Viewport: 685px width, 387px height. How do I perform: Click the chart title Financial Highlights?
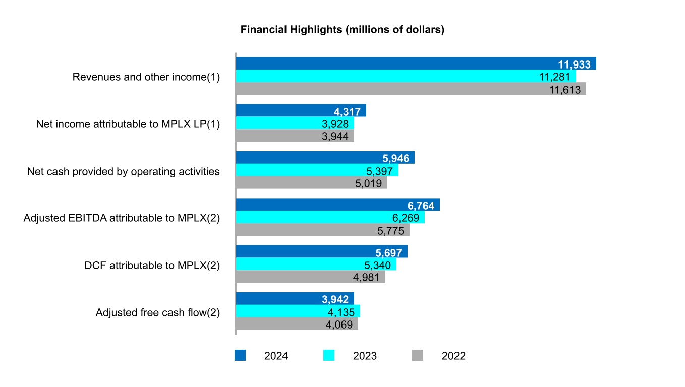(342, 30)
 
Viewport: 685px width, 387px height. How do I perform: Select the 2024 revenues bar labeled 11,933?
(416, 63)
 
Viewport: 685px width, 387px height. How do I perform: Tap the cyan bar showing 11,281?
(406, 76)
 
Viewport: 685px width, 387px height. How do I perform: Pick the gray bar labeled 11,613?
(411, 89)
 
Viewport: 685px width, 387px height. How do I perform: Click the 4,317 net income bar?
(301, 111)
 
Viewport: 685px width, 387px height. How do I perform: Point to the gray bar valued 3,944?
(295, 136)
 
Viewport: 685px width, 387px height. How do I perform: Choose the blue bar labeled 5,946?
(325, 158)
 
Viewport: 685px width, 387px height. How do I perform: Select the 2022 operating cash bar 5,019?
(311, 182)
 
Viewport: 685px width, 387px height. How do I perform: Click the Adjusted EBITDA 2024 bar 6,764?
(337, 205)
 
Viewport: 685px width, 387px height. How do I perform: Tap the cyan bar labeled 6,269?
(330, 217)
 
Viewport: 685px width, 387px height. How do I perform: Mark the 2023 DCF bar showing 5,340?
(316, 264)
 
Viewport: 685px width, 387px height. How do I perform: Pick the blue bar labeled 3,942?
(295, 299)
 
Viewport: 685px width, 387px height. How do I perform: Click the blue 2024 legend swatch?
(240, 356)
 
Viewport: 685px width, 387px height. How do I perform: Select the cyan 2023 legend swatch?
(328, 356)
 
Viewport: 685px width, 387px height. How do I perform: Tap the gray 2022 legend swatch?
(417, 356)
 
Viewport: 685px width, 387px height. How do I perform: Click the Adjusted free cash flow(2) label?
(158, 312)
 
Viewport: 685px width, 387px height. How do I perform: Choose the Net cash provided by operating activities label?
(124, 171)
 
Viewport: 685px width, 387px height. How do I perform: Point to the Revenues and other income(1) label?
(146, 77)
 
